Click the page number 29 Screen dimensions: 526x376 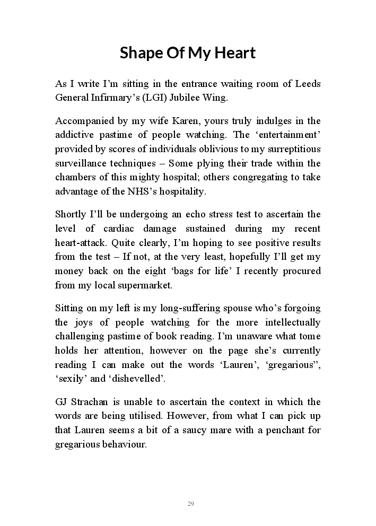pyautogui.click(x=191, y=503)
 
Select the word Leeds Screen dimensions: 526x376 pyautogui.click(x=308, y=84)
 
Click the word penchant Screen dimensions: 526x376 pyautogui.click(x=281, y=429)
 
